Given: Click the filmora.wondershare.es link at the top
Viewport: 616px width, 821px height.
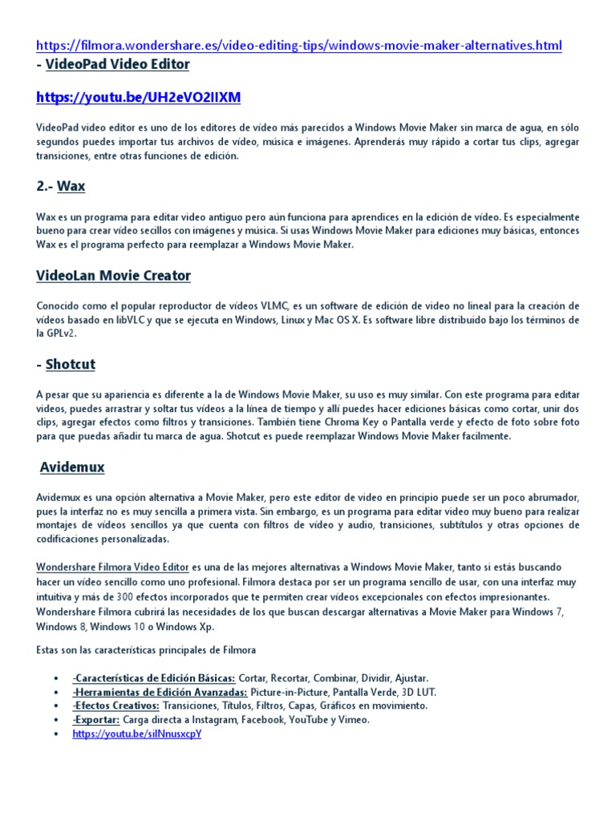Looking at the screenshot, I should coord(299,46).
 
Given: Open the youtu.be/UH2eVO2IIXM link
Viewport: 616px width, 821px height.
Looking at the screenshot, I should coord(138,98).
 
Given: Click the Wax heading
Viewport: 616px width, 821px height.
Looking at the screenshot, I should coord(71,186).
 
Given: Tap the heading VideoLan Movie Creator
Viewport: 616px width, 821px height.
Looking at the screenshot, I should coord(113,276).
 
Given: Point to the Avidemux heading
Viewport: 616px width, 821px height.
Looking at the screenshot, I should coord(72,467).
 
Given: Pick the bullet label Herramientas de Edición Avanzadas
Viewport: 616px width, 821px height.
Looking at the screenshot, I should coord(159,692).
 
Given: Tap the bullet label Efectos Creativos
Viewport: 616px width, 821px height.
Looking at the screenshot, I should coord(115,706).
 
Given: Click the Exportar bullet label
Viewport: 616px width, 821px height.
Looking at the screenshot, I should coord(95,720).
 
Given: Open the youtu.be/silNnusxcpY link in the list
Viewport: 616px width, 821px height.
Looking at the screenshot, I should coord(136,734).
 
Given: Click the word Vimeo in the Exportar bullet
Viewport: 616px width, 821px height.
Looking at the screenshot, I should coord(354,720).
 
